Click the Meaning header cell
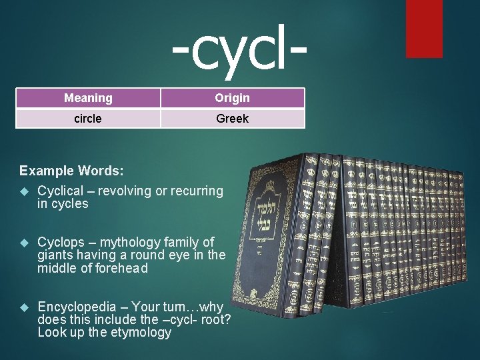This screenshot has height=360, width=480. (x=88, y=98)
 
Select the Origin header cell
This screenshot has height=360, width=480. (x=232, y=98)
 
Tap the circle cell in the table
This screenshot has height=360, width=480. (x=88, y=119)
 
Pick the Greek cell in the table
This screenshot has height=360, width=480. (x=232, y=119)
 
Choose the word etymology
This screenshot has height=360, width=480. (x=141, y=332)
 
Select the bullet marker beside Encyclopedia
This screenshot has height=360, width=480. (x=25, y=307)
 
